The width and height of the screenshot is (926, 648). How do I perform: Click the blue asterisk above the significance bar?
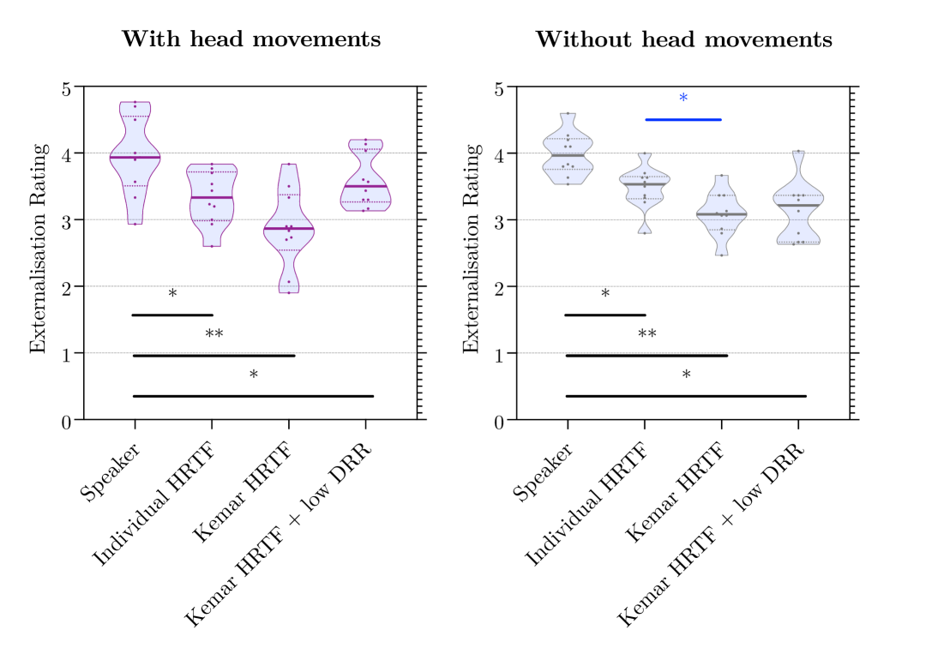click(683, 98)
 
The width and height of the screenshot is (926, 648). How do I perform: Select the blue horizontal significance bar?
click(683, 120)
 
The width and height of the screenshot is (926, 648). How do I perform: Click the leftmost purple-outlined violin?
click(135, 167)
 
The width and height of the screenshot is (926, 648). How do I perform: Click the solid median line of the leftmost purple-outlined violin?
click(135, 158)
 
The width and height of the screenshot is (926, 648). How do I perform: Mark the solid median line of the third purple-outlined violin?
click(289, 229)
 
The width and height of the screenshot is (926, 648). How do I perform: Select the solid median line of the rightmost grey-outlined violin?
click(798, 206)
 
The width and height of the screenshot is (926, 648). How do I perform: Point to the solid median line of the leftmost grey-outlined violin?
click(568, 155)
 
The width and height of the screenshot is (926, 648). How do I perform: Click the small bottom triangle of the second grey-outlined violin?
click(645, 228)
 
